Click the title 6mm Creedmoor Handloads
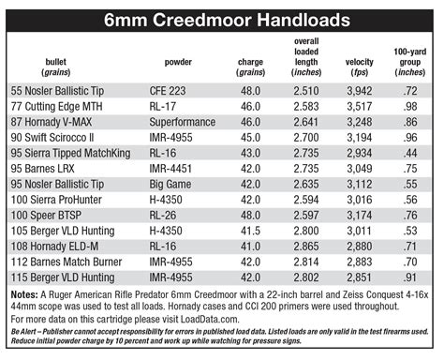click(221, 17)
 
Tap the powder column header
click(179, 63)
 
